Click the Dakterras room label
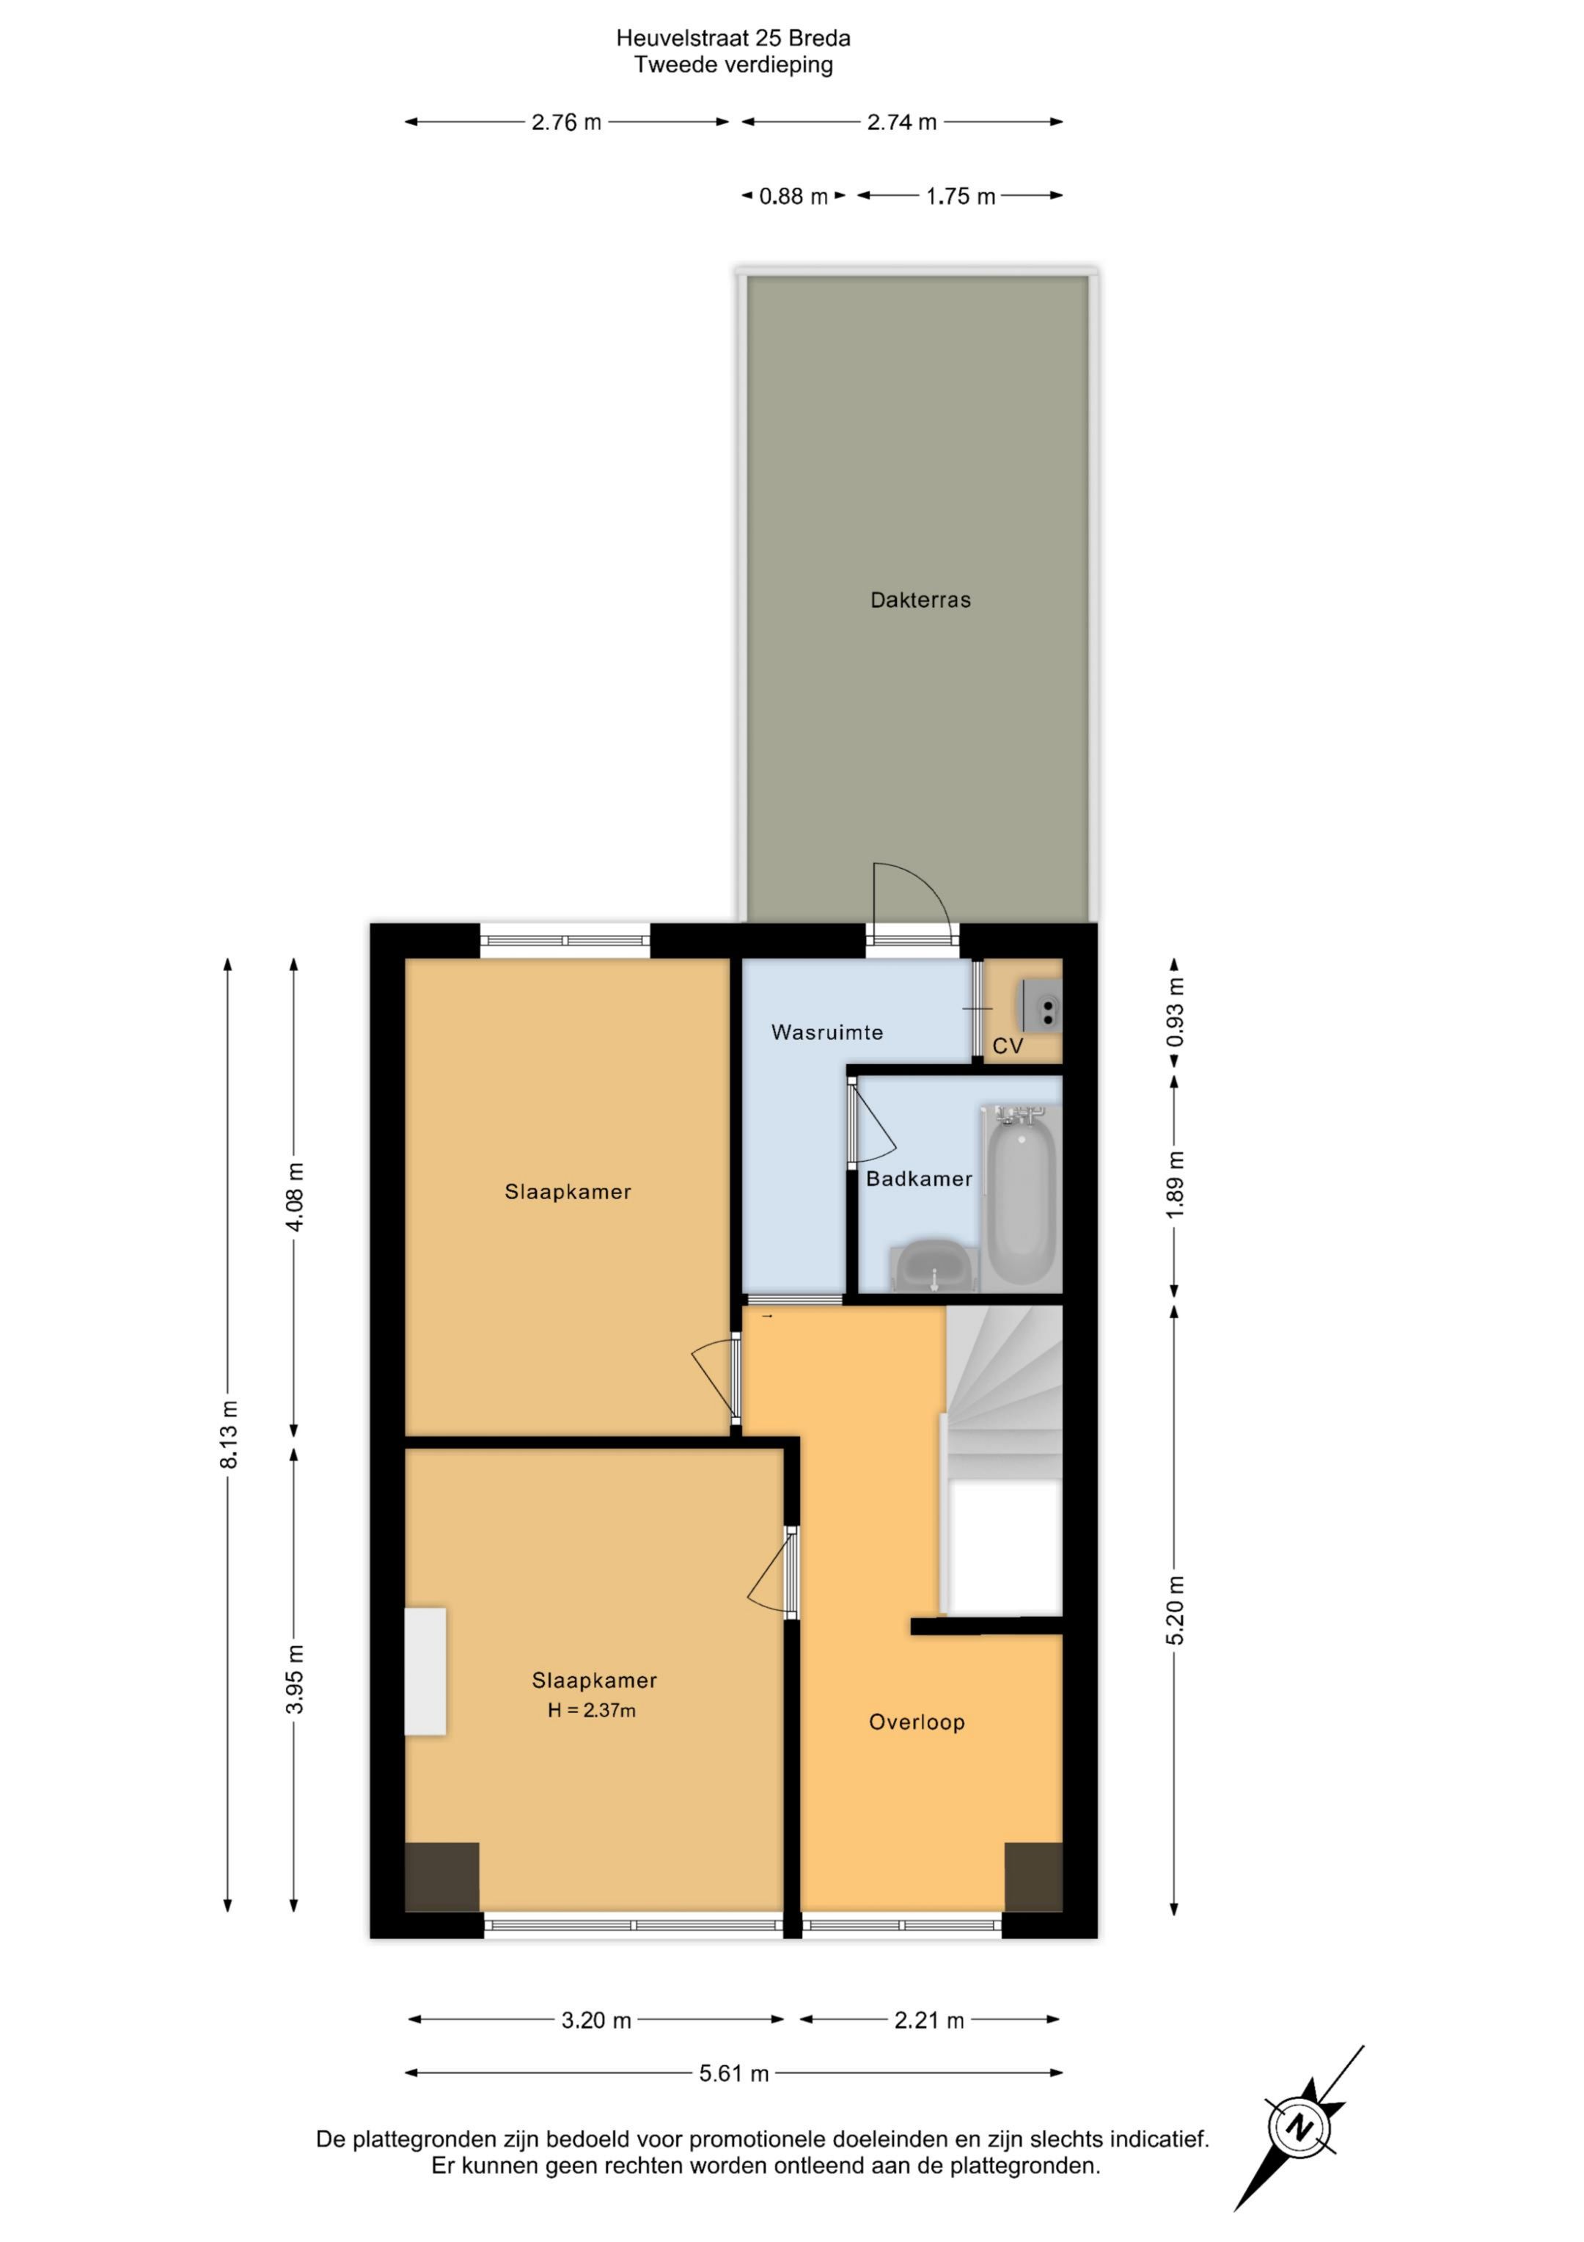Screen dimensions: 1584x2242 click(x=920, y=600)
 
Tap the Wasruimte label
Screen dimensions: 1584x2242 click(x=826, y=1032)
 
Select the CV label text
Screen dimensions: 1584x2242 click(x=1007, y=1046)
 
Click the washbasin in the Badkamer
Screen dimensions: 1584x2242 click(x=933, y=1267)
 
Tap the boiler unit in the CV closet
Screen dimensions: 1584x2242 click(x=1041, y=1005)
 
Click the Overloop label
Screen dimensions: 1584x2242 click(x=917, y=1722)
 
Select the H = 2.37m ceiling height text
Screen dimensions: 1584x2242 click(x=592, y=1710)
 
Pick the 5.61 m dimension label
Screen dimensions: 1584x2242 click(x=734, y=2073)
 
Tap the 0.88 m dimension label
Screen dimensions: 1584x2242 click(x=793, y=196)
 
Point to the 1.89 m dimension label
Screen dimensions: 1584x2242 click(x=1175, y=1184)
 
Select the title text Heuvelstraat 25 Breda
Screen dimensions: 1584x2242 click(x=733, y=38)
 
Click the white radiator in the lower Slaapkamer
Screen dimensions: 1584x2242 click(x=425, y=1672)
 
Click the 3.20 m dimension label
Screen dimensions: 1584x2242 click(x=596, y=2020)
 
